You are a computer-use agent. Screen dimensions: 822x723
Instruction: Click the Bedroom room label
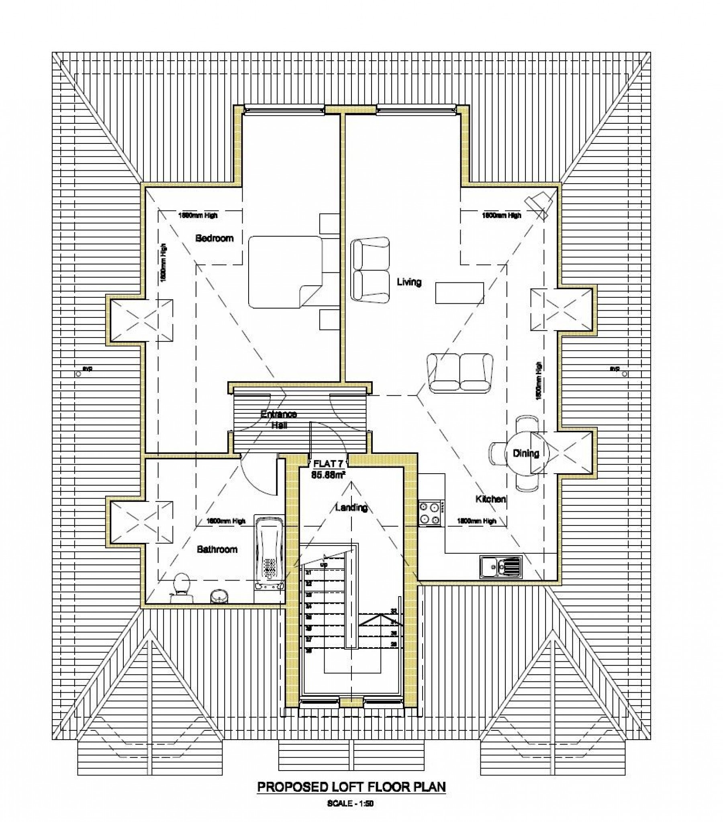coord(214,238)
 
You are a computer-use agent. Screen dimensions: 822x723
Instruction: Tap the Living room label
coord(409,282)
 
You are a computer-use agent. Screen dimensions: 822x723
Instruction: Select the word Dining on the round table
coord(525,454)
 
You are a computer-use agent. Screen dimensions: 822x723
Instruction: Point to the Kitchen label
coord(490,499)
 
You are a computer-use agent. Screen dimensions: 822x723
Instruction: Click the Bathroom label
coord(217,549)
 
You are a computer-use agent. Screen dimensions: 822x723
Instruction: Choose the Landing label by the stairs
coord(351,507)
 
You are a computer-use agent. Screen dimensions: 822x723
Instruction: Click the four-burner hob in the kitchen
coord(429,513)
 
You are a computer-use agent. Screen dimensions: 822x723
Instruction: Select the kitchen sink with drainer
coord(500,567)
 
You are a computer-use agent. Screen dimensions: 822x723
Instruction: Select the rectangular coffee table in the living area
coord(459,293)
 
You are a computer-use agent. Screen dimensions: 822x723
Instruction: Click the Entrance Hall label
coord(279,419)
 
